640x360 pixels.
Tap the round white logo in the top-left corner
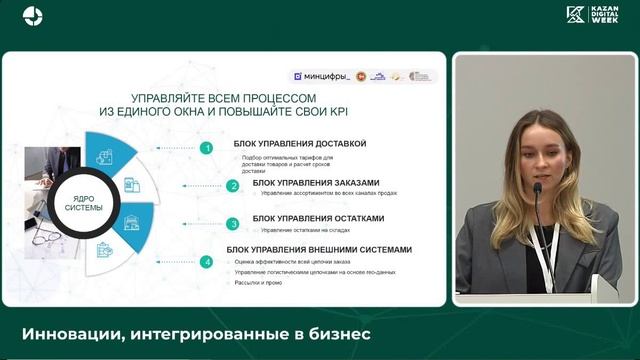[x=33, y=15]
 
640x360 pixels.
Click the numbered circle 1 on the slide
[x=206, y=148]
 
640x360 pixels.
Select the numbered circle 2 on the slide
[x=232, y=185]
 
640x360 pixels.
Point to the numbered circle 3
[x=232, y=223]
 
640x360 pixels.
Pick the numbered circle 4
[x=206, y=261]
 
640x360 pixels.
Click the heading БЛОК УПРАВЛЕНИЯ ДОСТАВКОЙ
[x=300, y=144]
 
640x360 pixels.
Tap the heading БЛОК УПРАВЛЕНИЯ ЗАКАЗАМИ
[x=316, y=182]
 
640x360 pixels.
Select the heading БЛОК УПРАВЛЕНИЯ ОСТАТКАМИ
[x=318, y=218]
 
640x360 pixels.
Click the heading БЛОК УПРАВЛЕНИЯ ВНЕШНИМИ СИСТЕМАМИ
[x=319, y=249]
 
